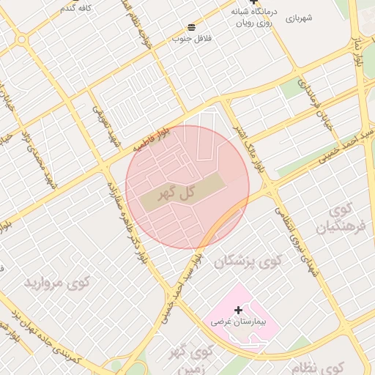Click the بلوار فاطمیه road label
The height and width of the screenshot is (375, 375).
click(x=151, y=138)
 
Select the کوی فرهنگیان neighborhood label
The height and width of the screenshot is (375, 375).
click(x=333, y=219)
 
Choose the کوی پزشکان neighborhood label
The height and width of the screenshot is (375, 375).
click(x=248, y=261)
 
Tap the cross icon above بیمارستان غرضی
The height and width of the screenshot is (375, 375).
click(x=238, y=311)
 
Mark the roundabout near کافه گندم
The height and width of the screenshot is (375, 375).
click(x=21, y=39)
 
